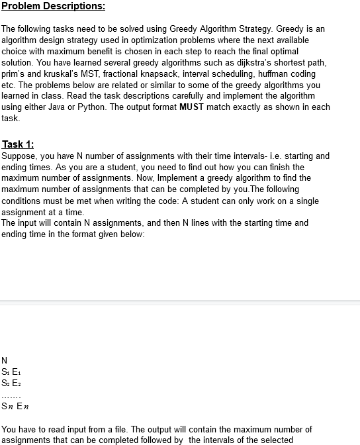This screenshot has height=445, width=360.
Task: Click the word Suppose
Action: [19, 156]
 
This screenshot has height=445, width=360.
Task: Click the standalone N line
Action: [5, 360]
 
